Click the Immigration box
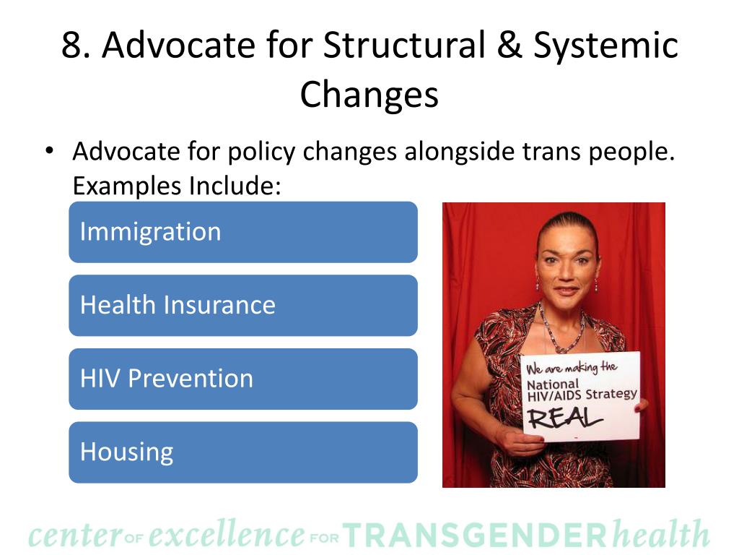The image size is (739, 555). click(x=242, y=232)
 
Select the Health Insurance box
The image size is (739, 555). click(x=242, y=305)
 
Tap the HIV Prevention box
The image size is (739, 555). click(x=242, y=379)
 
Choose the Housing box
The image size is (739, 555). click(x=242, y=452)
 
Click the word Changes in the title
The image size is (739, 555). click(x=369, y=94)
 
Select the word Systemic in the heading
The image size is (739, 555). click(x=606, y=46)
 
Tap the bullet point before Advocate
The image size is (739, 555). click(x=48, y=152)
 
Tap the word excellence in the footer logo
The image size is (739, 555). click(x=227, y=535)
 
